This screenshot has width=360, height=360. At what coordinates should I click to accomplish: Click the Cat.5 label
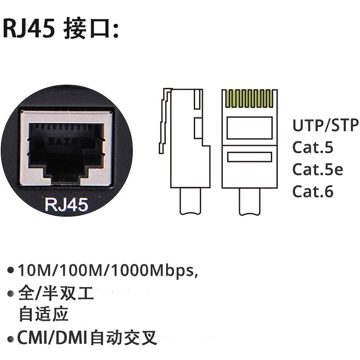(313, 147)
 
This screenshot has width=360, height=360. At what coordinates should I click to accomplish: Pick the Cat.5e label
(318, 170)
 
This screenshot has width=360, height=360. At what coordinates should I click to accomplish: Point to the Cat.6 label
(313, 192)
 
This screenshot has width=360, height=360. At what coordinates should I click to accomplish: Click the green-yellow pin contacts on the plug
(249, 98)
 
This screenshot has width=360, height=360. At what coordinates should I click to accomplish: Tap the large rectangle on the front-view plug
(249, 128)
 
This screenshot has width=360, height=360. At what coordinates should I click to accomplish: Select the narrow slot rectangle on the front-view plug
(249, 157)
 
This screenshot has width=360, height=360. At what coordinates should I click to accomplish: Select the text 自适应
(44, 314)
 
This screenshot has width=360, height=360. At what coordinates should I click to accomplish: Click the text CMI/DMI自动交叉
(87, 338)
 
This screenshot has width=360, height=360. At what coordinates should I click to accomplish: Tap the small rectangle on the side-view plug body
(197, 128)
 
